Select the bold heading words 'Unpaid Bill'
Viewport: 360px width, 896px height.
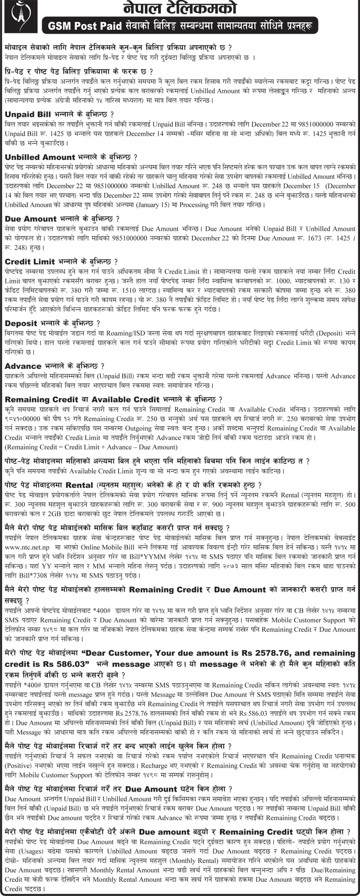29,113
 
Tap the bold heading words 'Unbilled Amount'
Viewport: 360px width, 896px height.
39,157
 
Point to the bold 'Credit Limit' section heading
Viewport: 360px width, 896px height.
30,261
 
